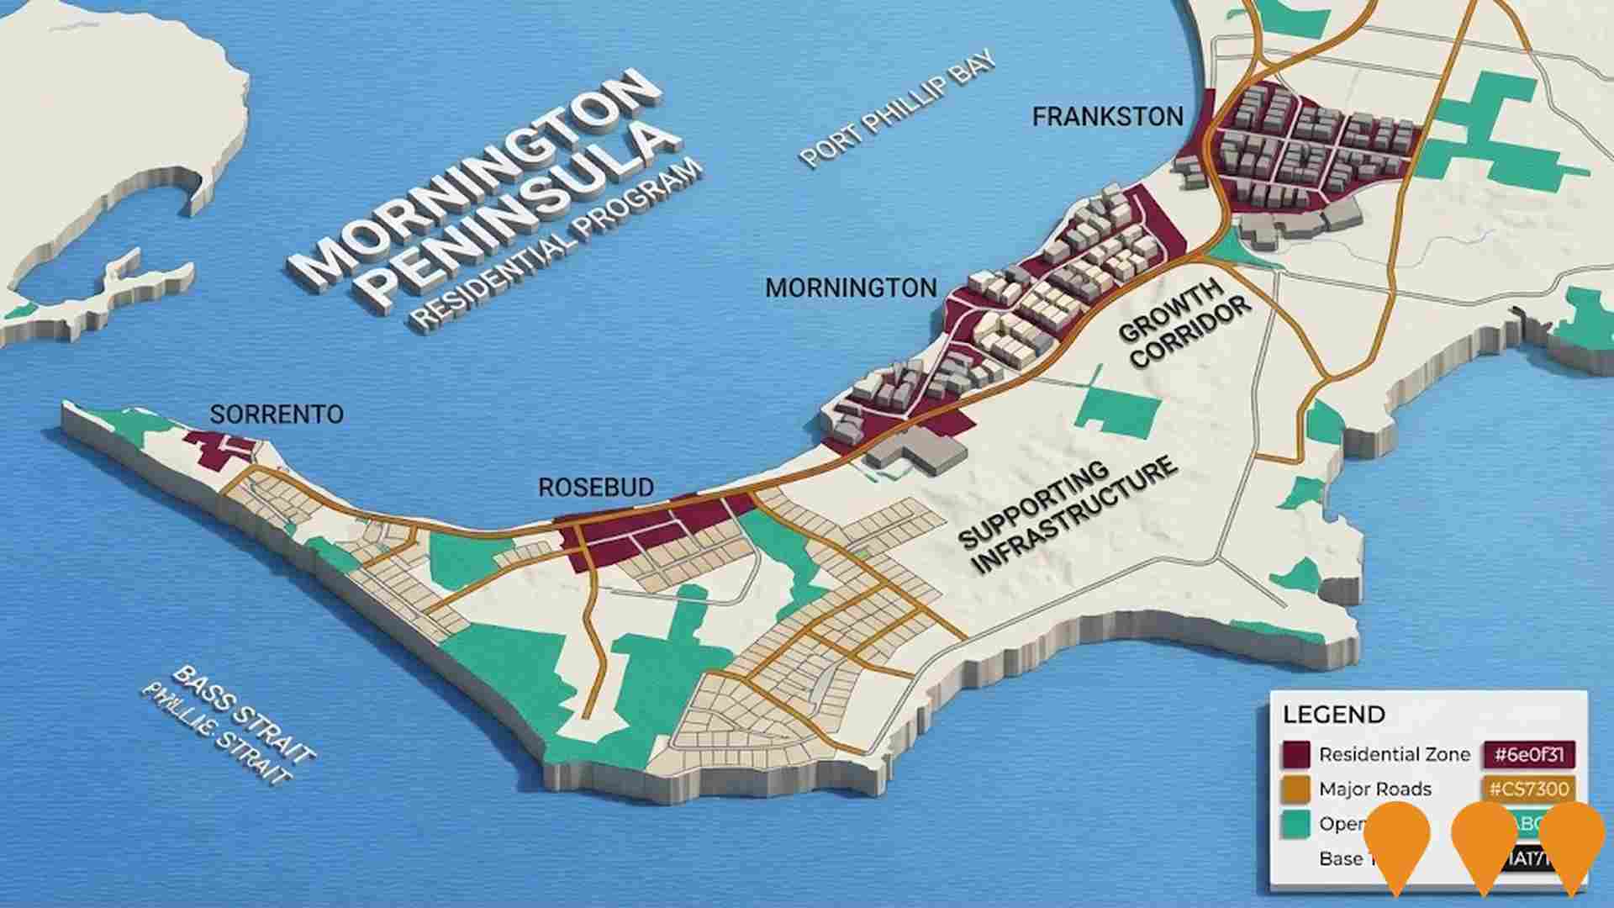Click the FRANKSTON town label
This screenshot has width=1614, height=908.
tap(1107, 117)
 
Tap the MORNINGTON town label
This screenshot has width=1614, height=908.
tap(851, 288)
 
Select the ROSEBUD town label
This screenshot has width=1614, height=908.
tap(596, 488)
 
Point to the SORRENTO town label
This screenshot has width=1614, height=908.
tap(277, 414)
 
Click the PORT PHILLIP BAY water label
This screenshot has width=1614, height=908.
tap(898, 109)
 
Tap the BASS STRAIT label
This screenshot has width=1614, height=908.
tap(244, 715)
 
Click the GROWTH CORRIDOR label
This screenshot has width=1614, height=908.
tap(1185, 324)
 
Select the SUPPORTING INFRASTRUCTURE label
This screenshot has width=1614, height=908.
tap(1068, 517)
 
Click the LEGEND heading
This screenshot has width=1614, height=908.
tap(1333, 715)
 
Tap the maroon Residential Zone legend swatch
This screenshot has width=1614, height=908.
tap(1296, 754)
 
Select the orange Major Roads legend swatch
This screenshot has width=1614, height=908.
tap(1296, 789)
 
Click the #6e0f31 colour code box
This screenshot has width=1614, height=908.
tap(1529, 754)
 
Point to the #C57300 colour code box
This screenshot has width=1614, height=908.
tap(1529, 789)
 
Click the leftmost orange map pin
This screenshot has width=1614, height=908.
tap(1397, 841)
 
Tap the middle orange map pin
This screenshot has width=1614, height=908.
tap(1485, 841)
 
